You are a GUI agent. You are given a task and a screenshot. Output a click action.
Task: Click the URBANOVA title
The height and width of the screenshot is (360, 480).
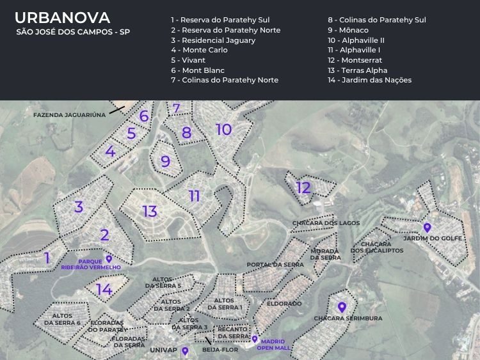(62, 17)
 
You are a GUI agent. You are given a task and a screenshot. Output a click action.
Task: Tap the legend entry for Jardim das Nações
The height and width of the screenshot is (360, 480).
(369, 80)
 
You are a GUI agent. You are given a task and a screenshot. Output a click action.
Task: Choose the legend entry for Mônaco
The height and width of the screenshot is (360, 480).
(348, 30)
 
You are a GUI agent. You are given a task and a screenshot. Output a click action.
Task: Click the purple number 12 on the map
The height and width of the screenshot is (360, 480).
(303, 187)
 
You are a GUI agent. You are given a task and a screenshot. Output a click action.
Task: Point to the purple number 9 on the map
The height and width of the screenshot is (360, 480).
(165, 161)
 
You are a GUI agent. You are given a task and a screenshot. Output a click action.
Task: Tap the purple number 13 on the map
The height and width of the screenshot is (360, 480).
(150, 211)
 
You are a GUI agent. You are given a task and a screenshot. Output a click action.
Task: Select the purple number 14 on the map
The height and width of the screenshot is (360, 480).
(104, 290)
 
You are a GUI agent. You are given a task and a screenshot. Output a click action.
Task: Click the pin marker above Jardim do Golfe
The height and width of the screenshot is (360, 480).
(427, 227)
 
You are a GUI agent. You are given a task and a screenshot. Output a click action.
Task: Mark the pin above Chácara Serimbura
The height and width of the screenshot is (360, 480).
(342, 308)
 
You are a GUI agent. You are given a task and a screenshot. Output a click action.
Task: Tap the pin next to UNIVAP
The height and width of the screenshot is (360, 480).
(185, 350)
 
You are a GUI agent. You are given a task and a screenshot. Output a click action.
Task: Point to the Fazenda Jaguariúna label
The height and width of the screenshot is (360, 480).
(69, 114)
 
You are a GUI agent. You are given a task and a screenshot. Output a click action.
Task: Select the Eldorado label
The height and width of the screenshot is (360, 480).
(284, 303)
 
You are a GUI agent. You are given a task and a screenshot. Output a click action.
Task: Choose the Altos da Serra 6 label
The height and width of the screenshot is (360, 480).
(62, 319)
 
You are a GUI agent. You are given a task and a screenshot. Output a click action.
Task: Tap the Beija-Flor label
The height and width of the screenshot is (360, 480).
(216, 350)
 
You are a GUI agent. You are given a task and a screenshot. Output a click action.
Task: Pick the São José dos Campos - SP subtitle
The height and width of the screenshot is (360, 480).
(72, 32)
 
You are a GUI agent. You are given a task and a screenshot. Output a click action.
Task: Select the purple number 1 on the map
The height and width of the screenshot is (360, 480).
(47, 258)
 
